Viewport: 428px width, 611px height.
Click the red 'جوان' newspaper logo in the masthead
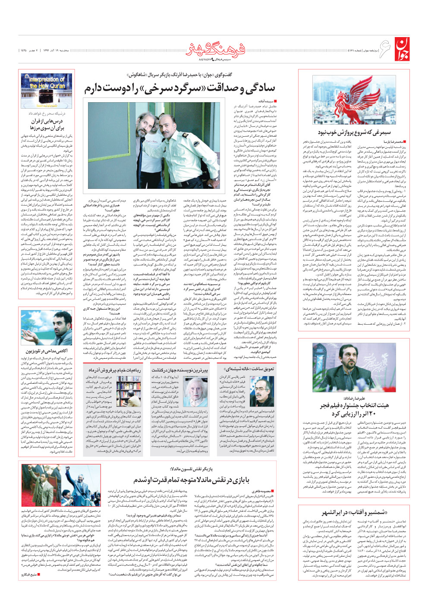[400, 49]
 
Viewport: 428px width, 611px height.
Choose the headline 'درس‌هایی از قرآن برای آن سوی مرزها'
[47, 125]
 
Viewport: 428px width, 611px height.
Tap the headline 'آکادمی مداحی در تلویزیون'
[47, 351]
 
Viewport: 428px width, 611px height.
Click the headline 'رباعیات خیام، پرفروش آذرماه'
[115, 370]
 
